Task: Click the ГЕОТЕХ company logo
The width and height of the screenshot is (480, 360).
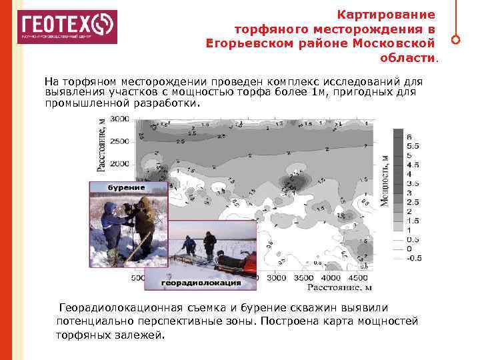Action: point(67,27)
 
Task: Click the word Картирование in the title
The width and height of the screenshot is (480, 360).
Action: point(386,14)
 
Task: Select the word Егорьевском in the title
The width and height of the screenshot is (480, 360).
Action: point(244,43)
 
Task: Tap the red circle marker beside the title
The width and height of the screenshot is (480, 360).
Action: point(455,39)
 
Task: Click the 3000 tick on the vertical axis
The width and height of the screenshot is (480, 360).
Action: point(120,119)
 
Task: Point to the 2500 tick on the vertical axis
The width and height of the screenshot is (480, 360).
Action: point(120,141)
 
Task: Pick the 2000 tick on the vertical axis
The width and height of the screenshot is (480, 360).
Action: point(120,163)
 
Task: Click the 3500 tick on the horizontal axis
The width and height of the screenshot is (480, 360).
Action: point(303,277)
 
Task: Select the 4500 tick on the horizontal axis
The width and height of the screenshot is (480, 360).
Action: point(357,277)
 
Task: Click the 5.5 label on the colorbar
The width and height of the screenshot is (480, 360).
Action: point(413,145)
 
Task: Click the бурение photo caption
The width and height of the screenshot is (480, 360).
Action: point(127,187)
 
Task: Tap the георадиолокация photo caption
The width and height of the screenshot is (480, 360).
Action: point(201,283)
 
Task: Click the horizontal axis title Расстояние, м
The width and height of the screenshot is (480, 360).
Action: point(339,288)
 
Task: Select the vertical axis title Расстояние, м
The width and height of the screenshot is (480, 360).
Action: point(101,145)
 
